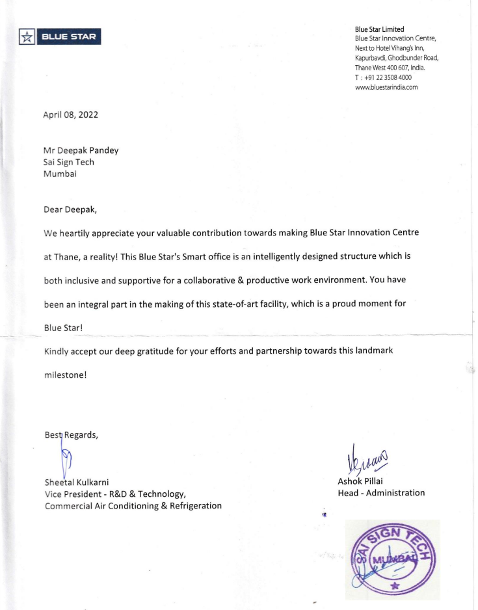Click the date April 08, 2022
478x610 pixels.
click(x=71, y=115)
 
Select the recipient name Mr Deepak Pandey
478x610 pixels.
click(x=81, y=150)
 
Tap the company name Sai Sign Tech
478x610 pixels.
click(x=68, y=162)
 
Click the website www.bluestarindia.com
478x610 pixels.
click(x=386, y=86)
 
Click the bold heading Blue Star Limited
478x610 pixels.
click(x=380, y=29)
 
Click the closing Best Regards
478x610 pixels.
click(x=71, y=435)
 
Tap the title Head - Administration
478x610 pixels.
click(x=381, y=493)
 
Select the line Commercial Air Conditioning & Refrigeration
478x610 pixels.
click(x=133, y=505)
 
